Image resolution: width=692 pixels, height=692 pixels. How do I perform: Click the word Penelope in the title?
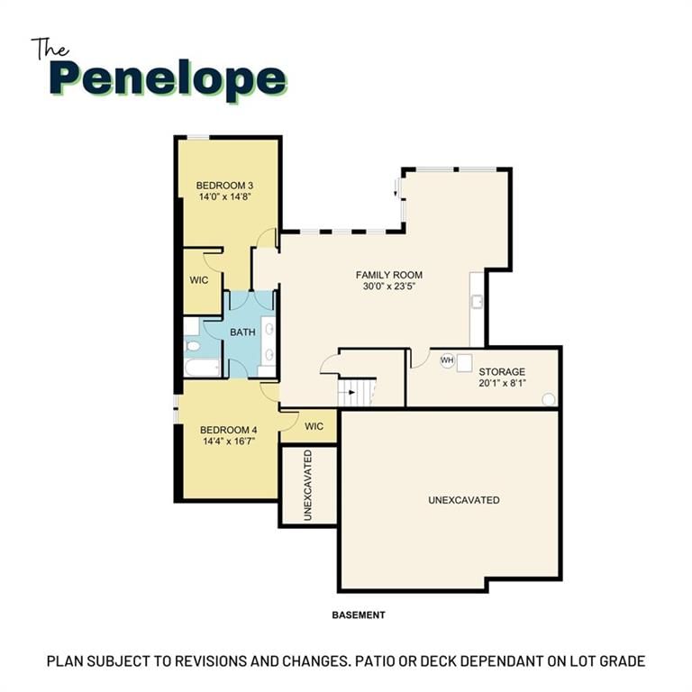tap(168, 80)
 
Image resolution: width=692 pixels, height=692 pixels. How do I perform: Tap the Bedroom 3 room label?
tap(224, 186)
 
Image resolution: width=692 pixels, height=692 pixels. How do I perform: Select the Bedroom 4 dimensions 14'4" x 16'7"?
tap(229, 441)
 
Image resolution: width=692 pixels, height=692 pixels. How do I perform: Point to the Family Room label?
tap(389, 275)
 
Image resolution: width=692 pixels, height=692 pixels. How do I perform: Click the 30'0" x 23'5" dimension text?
tap(389, 286)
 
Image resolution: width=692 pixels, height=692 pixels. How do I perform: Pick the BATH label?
tap(242, 332)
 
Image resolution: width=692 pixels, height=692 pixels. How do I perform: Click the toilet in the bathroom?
tap(193, 346)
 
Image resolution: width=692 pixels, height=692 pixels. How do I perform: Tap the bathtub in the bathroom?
tap(202, 368)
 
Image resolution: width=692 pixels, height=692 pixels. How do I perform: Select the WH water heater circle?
tap(447, 360)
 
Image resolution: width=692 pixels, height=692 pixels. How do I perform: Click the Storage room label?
tap(502, 371)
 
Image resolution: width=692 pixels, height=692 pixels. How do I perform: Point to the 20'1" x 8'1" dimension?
tap(502, 383)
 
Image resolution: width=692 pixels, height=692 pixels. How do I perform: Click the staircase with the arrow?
tap(356, 392)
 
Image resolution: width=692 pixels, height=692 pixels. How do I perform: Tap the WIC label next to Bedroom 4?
tap(314, 426)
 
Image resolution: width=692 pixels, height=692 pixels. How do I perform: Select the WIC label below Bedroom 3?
tap(198, 280)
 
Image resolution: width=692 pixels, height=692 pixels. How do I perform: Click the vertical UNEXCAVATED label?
tap(308, 485)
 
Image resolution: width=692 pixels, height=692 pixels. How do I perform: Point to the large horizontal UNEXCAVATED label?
tap(464, 500)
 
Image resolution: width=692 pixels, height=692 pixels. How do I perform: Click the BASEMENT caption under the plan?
tap(359, 615)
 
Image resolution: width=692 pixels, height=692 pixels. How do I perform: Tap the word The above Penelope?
tap(50, 49)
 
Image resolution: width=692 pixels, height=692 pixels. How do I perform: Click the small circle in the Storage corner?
tap(548, 399)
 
